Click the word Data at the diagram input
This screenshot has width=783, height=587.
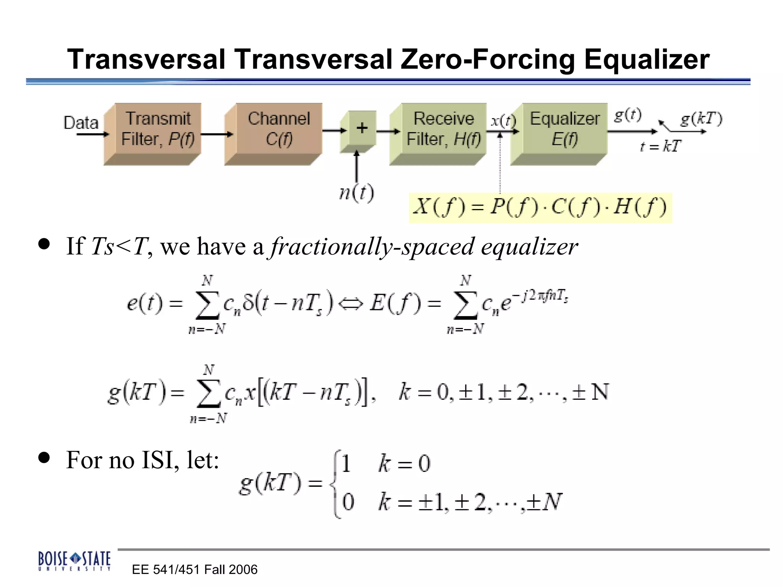(x=81, y=123)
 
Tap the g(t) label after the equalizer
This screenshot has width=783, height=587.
(x=627, y=114)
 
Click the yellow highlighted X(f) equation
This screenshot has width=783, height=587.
(x=540, y=208)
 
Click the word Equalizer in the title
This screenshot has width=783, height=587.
(x=647, y=60)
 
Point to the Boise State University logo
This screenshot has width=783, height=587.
(x=74, y=560)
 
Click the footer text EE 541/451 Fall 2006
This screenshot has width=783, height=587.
(x=195, y=569)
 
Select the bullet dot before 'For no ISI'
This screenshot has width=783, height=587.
(x=44, y=457)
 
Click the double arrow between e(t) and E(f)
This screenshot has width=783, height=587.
(x=351, y=305)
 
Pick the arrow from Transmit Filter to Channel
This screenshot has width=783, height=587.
(x=217, y=134)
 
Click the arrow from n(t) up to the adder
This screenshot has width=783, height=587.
(x=357, y=166)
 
